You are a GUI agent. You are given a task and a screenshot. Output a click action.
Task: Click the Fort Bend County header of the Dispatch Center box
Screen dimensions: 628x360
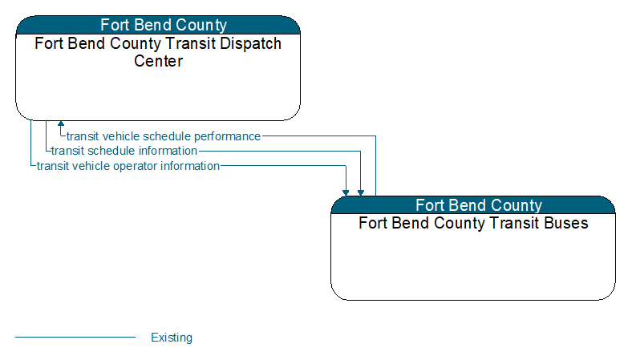tap(164, 25)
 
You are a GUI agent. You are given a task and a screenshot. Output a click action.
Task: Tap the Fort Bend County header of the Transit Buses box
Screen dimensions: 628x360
tap(479, 205)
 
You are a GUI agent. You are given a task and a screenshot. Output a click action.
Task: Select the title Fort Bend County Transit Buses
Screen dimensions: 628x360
tap(473, 223)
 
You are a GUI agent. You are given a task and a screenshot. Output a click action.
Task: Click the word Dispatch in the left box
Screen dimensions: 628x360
tap(250, 43)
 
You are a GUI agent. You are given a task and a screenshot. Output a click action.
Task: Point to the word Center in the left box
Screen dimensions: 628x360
tap(158, 61)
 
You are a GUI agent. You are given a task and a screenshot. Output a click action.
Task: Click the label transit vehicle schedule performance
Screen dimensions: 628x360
tap(164, 136)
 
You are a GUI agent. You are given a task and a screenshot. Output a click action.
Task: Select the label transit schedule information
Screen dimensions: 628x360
tap(124, 151)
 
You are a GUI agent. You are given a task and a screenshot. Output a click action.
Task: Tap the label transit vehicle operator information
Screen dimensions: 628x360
tap(128, 166)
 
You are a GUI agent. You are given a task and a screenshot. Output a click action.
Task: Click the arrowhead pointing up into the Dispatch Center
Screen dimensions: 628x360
tap(61, 123)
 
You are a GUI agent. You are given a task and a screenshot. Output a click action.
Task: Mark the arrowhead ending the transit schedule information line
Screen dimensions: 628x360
tap(360, 193)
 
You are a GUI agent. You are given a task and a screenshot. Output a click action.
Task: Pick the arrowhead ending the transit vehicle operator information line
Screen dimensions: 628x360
tap(346, 193)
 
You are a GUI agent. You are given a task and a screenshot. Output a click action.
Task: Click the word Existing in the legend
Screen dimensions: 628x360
tap(172, 338)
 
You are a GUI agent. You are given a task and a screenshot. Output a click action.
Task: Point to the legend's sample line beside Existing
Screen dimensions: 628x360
tap(75, 338)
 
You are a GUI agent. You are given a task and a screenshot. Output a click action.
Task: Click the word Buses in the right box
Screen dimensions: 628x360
tap(566, 223)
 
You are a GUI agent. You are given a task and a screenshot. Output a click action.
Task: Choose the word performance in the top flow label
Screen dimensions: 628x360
tap(227, 136)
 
